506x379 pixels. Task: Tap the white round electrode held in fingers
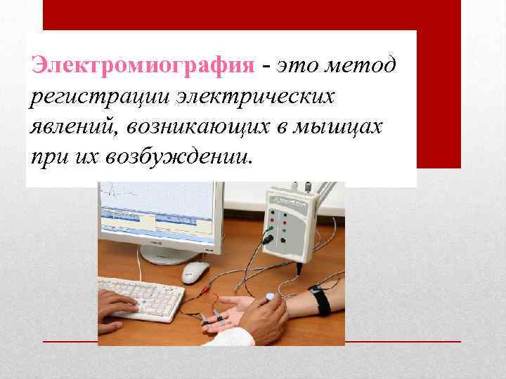coord(270,298)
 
